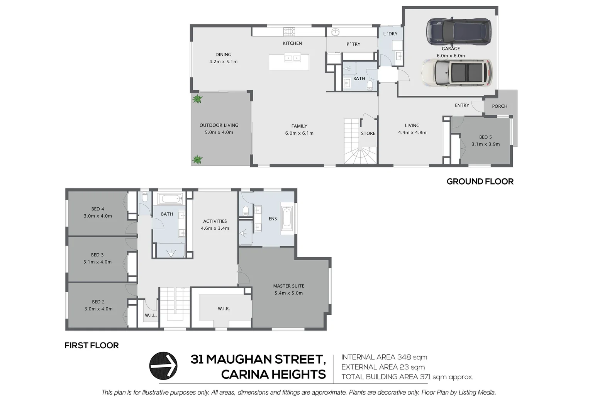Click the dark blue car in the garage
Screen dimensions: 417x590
tap(459, 31)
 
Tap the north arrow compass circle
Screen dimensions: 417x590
tap(163, 365)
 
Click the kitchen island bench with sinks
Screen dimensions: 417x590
tap(289, 62)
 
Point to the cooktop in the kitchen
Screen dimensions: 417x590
tap(289, 31)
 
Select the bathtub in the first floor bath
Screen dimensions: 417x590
tap(170, 200)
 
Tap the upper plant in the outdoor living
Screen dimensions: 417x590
tap(197, 99)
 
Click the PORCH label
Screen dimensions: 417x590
tap(499, 106)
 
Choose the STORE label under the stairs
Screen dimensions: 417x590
tap(368, 133)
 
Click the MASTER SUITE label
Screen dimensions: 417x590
tap(288, 286)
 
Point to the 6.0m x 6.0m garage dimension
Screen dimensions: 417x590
tap(451, 56)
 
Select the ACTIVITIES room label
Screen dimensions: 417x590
tap(215, 221)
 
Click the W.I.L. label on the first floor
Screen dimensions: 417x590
tap(151, 315)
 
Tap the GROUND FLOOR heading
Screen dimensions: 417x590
tap(480, 181)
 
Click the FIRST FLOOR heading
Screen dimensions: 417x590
tap(92, 346)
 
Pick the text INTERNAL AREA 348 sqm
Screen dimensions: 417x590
tap(384, 357)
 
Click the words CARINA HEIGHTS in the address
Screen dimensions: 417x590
tap(273, 375)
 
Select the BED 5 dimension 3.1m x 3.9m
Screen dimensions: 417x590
tap(485, 144)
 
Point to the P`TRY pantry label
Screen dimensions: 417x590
tap(353, 44)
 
